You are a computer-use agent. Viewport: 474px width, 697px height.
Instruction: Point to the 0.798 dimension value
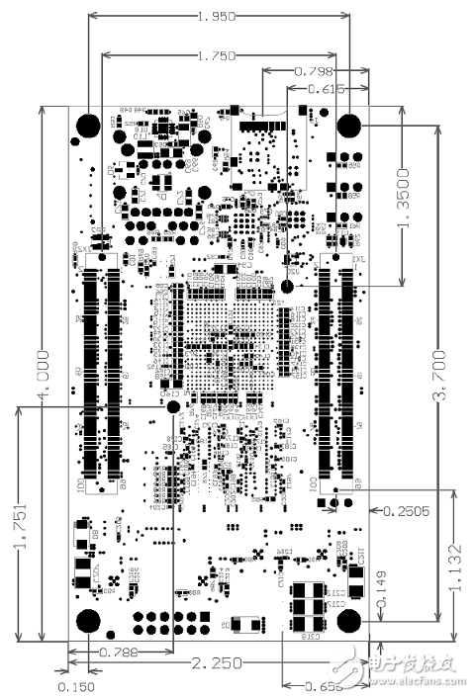(314, 71)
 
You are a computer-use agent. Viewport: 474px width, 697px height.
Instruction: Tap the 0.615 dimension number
(326, 89)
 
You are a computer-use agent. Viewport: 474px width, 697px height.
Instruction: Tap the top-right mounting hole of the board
(348, 126)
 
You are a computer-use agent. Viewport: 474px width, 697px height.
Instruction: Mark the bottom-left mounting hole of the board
(87, 621)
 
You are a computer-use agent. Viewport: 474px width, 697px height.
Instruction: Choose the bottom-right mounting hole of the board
(348, 621)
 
